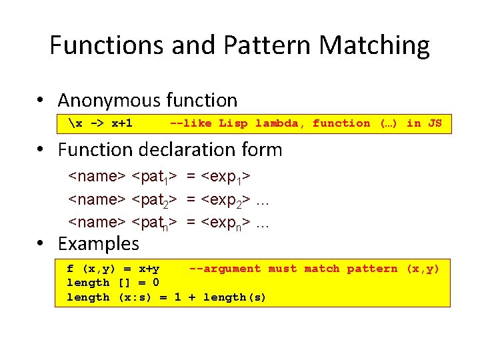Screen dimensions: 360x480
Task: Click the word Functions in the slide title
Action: pyautogui.click(x=107, y=45)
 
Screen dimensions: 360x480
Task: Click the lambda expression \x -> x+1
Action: pyautogui.click(x=100, y=123)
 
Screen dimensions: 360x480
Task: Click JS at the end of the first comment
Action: pyautogui.click(x=434, y=123)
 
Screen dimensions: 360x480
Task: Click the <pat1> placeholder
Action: pyautogui.click(x=154, y=177)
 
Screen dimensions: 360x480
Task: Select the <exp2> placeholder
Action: pyautogui.click(x=226, y=199)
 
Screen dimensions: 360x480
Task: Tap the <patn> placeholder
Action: pyautogui.click(x=154, y=222)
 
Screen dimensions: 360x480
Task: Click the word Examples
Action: pyautogui.click(x=99, y=244)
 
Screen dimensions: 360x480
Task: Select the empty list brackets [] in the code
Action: pyautogui.click(x=125, y=283)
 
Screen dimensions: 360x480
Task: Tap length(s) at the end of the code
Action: pyautogui.click(x=235, y=297)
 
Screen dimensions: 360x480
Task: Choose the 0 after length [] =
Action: pyautogui.click(x=155, y=283)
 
